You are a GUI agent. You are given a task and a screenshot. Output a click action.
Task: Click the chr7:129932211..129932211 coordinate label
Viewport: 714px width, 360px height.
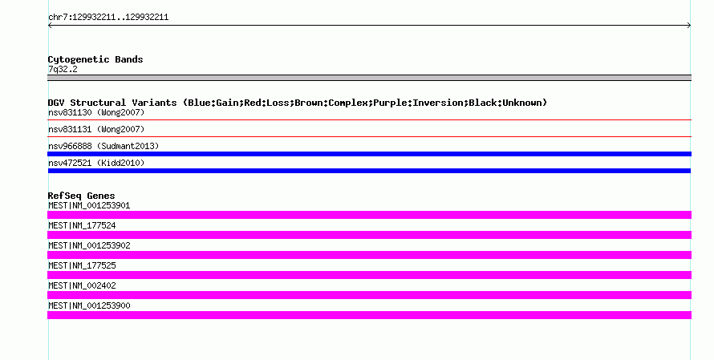(x=108, y=18)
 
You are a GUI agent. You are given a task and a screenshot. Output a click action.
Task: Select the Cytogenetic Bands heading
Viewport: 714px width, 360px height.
(x=95, y=59)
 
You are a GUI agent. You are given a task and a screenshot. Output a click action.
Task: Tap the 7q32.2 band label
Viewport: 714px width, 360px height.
(x=63, y=69)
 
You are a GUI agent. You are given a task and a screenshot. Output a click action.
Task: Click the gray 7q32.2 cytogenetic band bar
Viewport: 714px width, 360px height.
(x=369, y=78)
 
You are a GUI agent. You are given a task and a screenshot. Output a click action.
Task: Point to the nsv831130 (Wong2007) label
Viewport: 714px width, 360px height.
(x=96, y=112)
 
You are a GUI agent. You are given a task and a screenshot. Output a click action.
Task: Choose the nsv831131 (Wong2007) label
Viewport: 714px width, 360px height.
(x=96, y=129)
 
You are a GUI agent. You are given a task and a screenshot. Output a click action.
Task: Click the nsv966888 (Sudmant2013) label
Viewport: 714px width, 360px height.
(x=103, y=146)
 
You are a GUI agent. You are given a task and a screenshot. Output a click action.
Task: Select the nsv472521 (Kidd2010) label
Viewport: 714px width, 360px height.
(x=96, y=163)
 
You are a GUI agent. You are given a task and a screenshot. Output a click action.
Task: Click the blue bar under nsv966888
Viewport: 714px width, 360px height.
(x=369, y=154)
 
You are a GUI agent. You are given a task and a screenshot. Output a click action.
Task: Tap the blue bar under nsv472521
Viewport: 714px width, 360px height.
(x=369, y=171)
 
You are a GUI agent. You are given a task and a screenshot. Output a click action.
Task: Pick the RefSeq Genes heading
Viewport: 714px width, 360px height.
(x=81, y=196)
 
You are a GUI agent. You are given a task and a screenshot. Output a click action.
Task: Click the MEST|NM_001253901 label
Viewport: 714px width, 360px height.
(x=89, y=206)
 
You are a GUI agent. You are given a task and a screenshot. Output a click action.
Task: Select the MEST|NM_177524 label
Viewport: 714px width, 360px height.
(x=82, y=226)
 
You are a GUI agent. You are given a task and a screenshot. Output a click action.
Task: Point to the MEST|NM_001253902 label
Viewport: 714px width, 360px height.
(x=89, y=246)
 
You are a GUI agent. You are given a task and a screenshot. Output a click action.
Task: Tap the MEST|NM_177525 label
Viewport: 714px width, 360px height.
(x=82, y=265)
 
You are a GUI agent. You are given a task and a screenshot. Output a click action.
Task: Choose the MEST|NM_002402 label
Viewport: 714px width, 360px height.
(x=82, y=285)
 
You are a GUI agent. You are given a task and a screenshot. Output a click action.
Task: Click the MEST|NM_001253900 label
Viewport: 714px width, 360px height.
(x=89, y=305)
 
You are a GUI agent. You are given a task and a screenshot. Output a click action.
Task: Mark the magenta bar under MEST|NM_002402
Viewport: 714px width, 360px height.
(x=369, y=295)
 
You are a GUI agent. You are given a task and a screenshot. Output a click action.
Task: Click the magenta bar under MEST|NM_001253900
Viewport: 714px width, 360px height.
(x=369, y=315)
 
